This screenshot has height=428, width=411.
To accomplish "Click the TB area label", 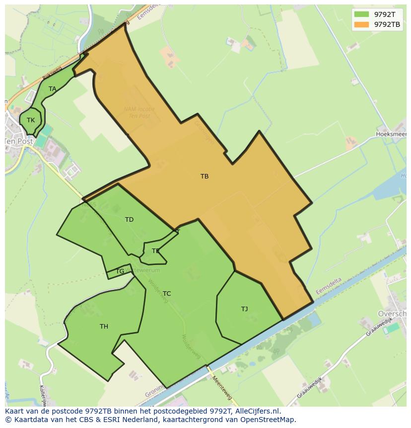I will click(x=205, y=176).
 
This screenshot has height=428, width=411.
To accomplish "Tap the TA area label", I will click(x=52, y=89).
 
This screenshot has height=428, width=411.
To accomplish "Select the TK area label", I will click(x=31, y=120).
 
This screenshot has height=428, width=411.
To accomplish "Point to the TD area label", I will click(x=129, y=220).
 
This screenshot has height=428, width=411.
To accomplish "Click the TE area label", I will click(x=156, y=251).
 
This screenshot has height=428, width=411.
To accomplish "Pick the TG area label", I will click(x=120, y=271).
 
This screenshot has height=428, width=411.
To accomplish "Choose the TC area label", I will click(x=167, y=294).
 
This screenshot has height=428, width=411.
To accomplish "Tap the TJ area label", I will click(x=244, y=309).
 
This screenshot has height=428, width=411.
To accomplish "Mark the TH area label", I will click(x=104, y=327).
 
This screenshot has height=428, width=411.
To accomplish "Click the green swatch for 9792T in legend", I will click(x=362, y=14).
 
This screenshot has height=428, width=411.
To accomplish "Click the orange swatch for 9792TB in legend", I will click(x=362, y=24).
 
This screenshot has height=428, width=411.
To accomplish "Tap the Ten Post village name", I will click(x=19, y=141).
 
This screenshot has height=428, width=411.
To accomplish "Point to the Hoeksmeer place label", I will click(x=392, y=134).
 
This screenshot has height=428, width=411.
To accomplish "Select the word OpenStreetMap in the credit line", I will click(x=268, y=420).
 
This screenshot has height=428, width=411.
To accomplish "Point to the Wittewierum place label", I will click(x=143, y=270).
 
